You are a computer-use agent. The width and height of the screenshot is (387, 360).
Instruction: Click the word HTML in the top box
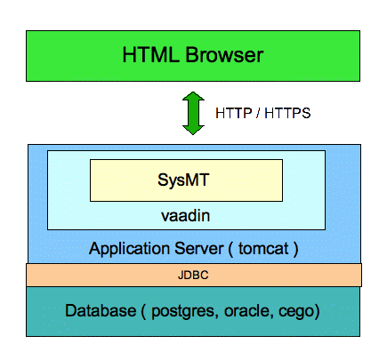pos(151,54)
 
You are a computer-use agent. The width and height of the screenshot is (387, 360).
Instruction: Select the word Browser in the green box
pos(224,54)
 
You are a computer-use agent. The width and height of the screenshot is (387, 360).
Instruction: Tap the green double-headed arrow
pos(193,113)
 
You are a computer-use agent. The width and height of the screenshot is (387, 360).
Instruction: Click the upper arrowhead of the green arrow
pos(193,96)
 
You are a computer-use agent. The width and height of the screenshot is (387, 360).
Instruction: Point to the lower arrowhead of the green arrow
pos(193,130)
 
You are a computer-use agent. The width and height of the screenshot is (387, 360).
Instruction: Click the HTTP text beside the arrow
pos(234,113)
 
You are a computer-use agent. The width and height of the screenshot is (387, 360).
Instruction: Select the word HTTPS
pos(287,113)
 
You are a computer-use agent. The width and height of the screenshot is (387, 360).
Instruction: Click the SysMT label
pos(183,180)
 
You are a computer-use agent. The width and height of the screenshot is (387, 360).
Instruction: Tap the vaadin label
pos(186,216)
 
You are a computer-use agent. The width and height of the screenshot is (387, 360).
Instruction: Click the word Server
pos(198,248)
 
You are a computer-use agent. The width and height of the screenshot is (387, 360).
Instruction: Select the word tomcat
pos(263,249)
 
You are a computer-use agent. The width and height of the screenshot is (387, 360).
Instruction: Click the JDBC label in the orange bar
pos(193,276)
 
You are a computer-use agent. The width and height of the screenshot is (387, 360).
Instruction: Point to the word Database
pos(101,310)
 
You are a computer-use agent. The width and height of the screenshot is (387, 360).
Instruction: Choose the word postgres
pos(182,312)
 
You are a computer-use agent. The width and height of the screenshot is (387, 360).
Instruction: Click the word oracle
pos(246,311)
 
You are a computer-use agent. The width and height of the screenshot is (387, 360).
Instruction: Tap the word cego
pos(296,312)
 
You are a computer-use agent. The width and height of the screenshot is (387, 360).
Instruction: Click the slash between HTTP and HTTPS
pos(258,113)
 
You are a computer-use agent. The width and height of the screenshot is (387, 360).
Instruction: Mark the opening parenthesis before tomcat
pos(230,249)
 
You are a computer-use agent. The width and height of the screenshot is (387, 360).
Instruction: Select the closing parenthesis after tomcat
pos(295,249)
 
